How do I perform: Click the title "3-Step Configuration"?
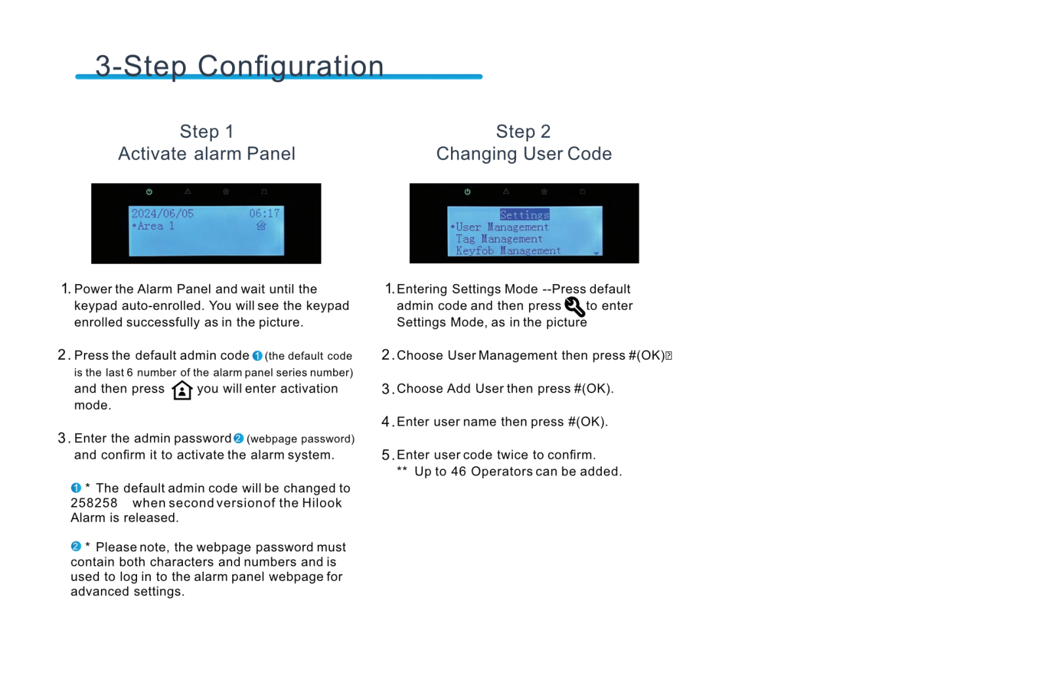[x=239, y=66]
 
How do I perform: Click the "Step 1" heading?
[x=207, y=132]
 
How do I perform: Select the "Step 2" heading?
[x=523, y=132]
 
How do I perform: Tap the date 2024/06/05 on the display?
[x=163, y=214]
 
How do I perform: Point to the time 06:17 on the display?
[x=264, y=214]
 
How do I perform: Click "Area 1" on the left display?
[x=155, y=226]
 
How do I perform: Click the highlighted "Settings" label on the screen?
[x=524, y=215]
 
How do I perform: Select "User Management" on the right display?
[x=502, y=227]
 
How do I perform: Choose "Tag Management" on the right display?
[x=499, y=239]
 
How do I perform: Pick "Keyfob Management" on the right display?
[x=508, y=251]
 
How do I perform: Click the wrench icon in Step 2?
[x=574, y=306]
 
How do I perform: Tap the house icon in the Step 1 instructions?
[x=182, y=391]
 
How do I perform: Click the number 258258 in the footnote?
[x=94, y=503]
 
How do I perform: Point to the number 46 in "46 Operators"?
[x=458, y=472]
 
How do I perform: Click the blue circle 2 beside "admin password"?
[x=239, y=438]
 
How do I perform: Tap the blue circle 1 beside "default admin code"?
[x=257, y=356]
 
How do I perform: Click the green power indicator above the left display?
[x=149, y=192]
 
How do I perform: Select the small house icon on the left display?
[x=262, y=226]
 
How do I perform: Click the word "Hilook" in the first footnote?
[x=321, y=503]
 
